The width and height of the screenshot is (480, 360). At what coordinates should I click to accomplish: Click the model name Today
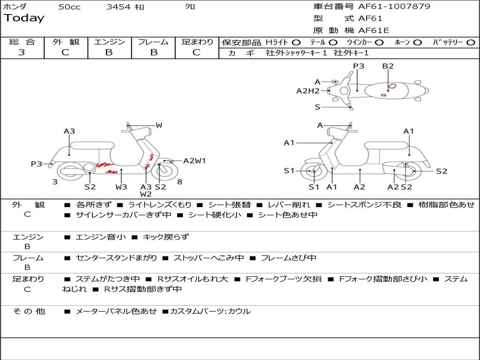click(24, 18)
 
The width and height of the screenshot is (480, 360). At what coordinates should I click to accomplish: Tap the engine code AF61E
click(374, 31)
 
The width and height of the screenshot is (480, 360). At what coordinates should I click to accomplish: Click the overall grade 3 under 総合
click(22, 52)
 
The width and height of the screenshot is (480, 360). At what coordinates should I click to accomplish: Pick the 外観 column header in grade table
click(66, 42)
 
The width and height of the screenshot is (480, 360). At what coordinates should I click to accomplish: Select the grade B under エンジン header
click(109, 52)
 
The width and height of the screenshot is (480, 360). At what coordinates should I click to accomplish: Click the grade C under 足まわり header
click(196, 52)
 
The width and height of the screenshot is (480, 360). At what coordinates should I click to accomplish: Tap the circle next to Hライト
click(297, 42)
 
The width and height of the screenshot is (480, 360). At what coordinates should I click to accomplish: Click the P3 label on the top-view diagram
click(359, 66)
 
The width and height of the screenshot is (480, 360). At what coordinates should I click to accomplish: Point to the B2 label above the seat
click(388, 66)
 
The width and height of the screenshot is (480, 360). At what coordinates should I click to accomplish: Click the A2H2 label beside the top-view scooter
click(307, 91)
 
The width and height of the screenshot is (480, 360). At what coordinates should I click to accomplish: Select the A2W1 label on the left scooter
click(195, 161)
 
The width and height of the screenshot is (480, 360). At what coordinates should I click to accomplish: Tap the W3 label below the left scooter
click(121, 187)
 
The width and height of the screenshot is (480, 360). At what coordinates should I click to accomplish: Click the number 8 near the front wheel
click(180, 182)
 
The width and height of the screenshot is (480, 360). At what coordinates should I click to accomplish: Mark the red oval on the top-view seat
click(392, 86)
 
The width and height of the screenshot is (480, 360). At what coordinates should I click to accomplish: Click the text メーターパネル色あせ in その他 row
click(116, 311)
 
